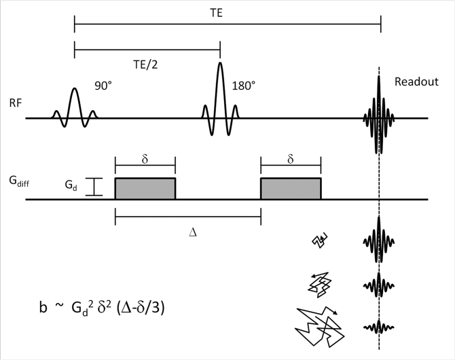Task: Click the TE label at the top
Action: point(227,12)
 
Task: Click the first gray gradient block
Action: point(145,188)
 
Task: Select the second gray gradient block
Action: point(291,188)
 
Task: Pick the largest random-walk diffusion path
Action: point(320,325)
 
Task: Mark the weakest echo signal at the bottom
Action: point(379,327)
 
